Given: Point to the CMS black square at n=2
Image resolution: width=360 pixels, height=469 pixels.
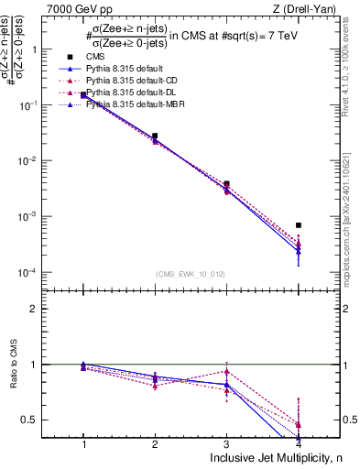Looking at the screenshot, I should coord(155,136).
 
